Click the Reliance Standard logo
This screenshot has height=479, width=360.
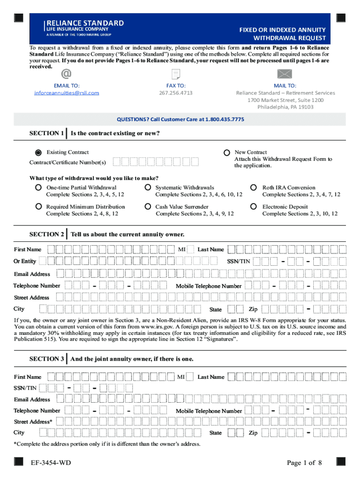tap(84, 28)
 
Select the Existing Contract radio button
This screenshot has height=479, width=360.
tap(39, 152)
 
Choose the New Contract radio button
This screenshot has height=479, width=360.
tap(227, 152)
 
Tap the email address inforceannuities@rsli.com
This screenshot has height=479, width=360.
tap(66, 93)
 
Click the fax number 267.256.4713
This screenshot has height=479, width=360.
tap(176, 93)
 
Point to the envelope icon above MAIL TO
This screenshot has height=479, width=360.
tap(285, 74)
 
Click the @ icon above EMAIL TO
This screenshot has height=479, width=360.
tap(66, 74)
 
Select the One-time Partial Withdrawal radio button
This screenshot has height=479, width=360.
tap(39, 188)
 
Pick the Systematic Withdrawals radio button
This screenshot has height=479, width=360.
tap(147, 188)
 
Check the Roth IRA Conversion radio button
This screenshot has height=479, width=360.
tap(254, 188)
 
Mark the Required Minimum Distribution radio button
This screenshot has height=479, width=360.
tap(39, 206)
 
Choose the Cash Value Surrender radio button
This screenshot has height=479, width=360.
tap(147, 206)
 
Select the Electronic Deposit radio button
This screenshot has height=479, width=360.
tap(254, 206)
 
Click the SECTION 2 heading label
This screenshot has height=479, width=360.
tap(47, 234)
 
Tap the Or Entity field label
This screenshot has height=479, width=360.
tap(25, 261)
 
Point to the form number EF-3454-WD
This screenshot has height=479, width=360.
tap(51, 463)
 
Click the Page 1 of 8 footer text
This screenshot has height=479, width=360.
tap(304, 463)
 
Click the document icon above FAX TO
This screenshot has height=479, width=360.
tap(176, 74)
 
